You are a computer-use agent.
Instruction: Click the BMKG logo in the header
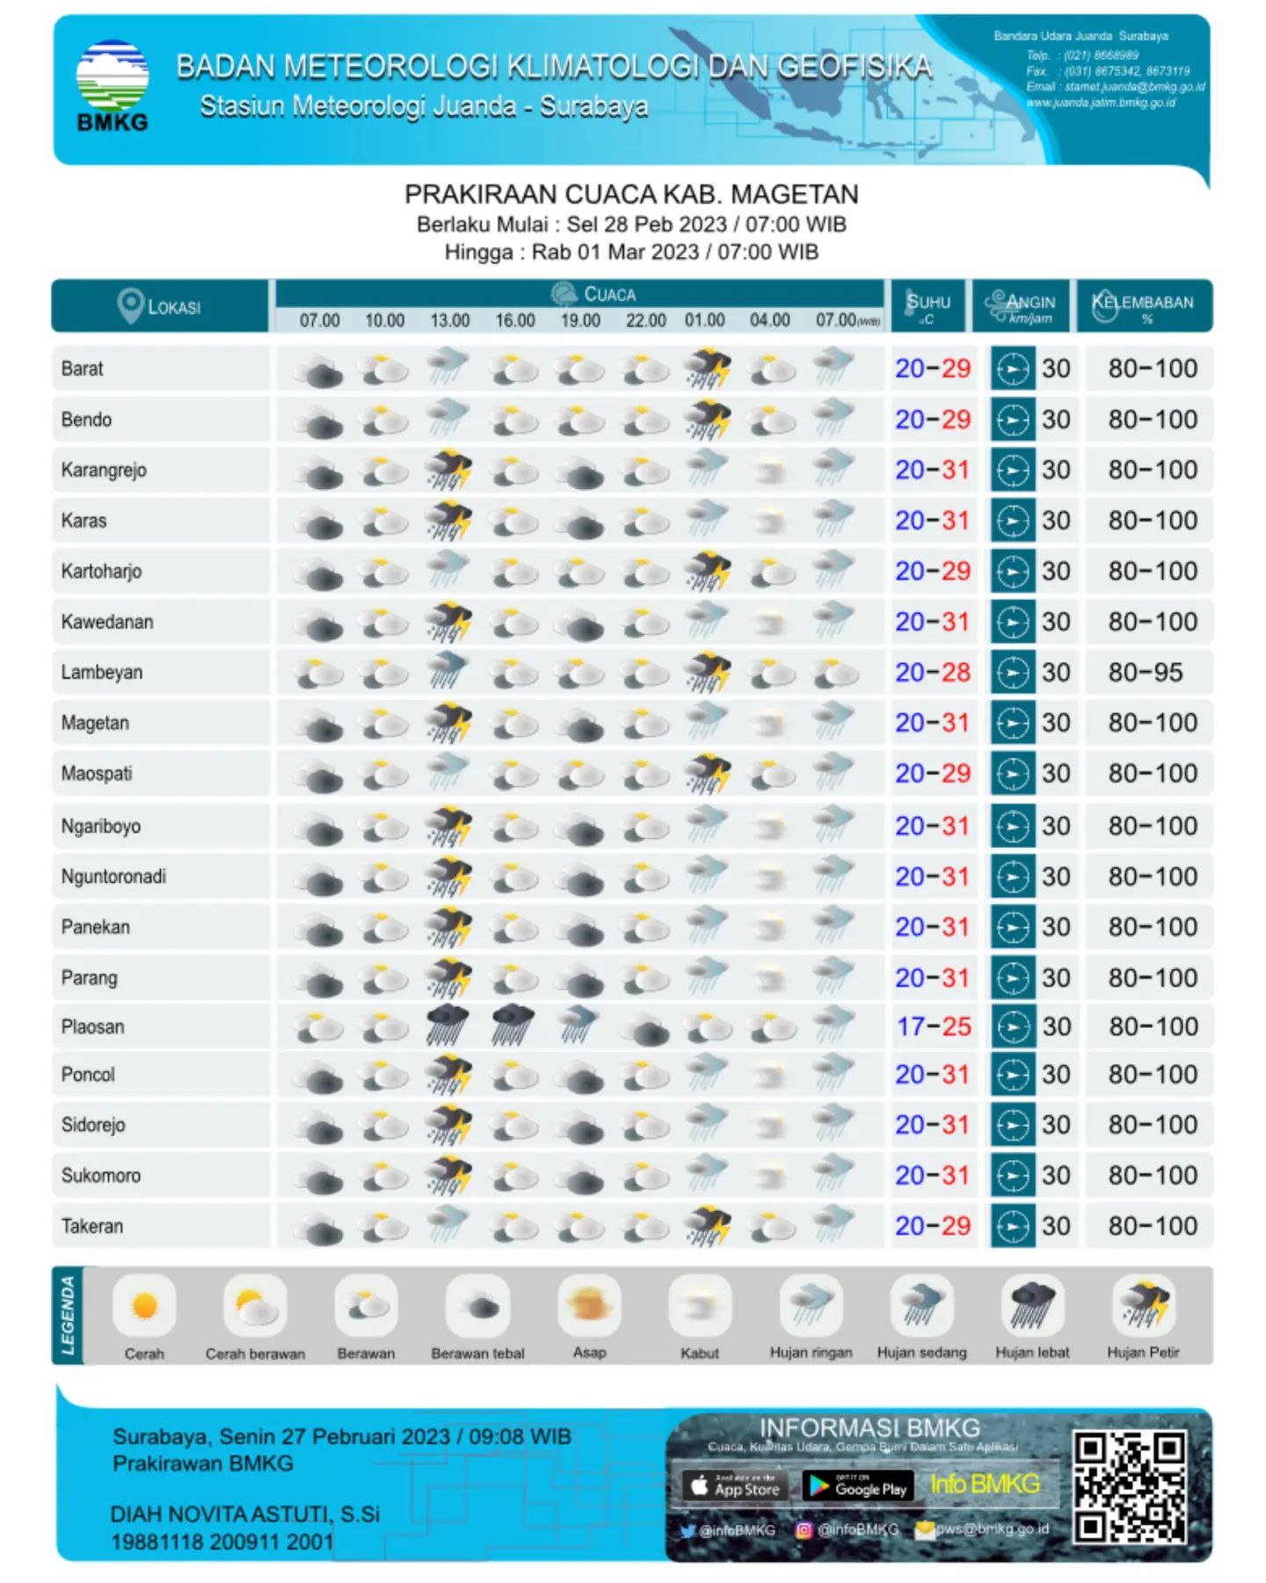pyautogui.click(x=112, y=84)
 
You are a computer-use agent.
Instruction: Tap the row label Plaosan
pyautogui.click(x=92, y=1026)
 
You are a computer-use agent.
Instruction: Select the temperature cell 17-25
pyautogui.click(x=934, y=1026)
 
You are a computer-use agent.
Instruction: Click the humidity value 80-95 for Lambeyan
pyautogui.click(x=1146, y=673)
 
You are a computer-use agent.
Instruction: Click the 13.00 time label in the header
pyautogui.click(x=449, y=320)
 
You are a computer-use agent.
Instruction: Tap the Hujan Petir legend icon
pyautogui.click(x=1143, y=1305)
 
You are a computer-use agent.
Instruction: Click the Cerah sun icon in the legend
pyautogui.click(x=144, y=1306)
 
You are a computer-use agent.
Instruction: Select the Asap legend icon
pyautogui.click(x=589, y=1305)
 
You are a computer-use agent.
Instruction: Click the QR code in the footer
pyautogui.click(x=1131, y=1486)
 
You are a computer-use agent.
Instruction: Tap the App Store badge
pyautogui.click(x=734, y=1486)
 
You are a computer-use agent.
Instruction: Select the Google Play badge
pyautogui.click(x=858, y=1486)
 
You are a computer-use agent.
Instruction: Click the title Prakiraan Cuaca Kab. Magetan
pyautogui.click(x=631, y=194)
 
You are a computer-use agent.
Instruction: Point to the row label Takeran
pyautogui.click(x=92, y=1226)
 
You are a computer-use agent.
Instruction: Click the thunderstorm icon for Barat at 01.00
pyautogui.click(x=708, y=368)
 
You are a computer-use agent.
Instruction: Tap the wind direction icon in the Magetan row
pyautogui.click(x=1012, y=723)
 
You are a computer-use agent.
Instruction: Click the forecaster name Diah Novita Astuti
pyautogui.click(x=245, y=1514)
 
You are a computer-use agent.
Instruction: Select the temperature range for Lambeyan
pyautogui.click(x=933, y=673)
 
